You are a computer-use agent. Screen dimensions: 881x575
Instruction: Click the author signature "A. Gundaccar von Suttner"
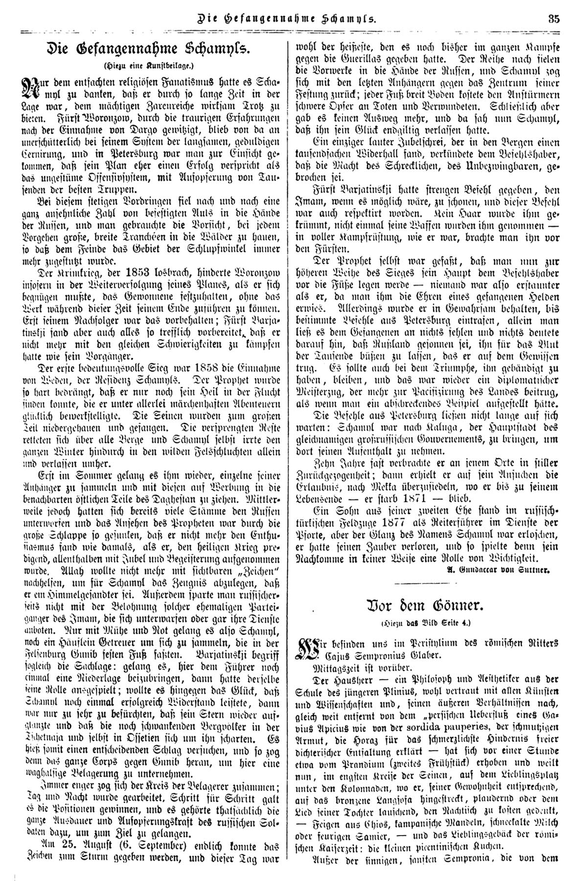[508, 570]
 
